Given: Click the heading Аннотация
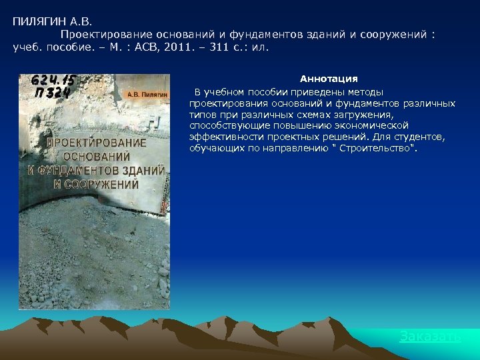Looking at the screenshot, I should coord(329,79).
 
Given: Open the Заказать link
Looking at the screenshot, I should coord(429,337).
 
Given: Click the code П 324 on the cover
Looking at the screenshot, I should coord(51,93).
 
